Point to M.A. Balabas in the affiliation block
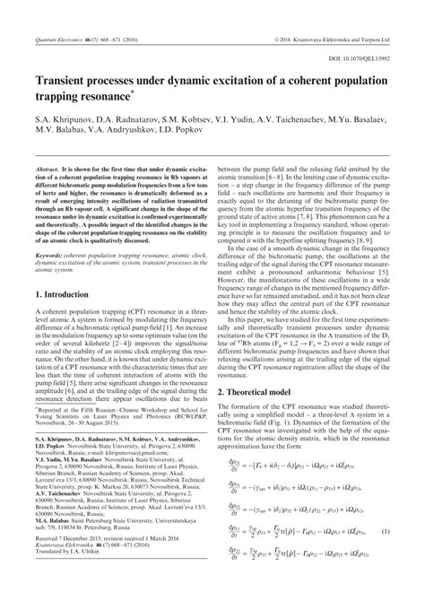(45, 544)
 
